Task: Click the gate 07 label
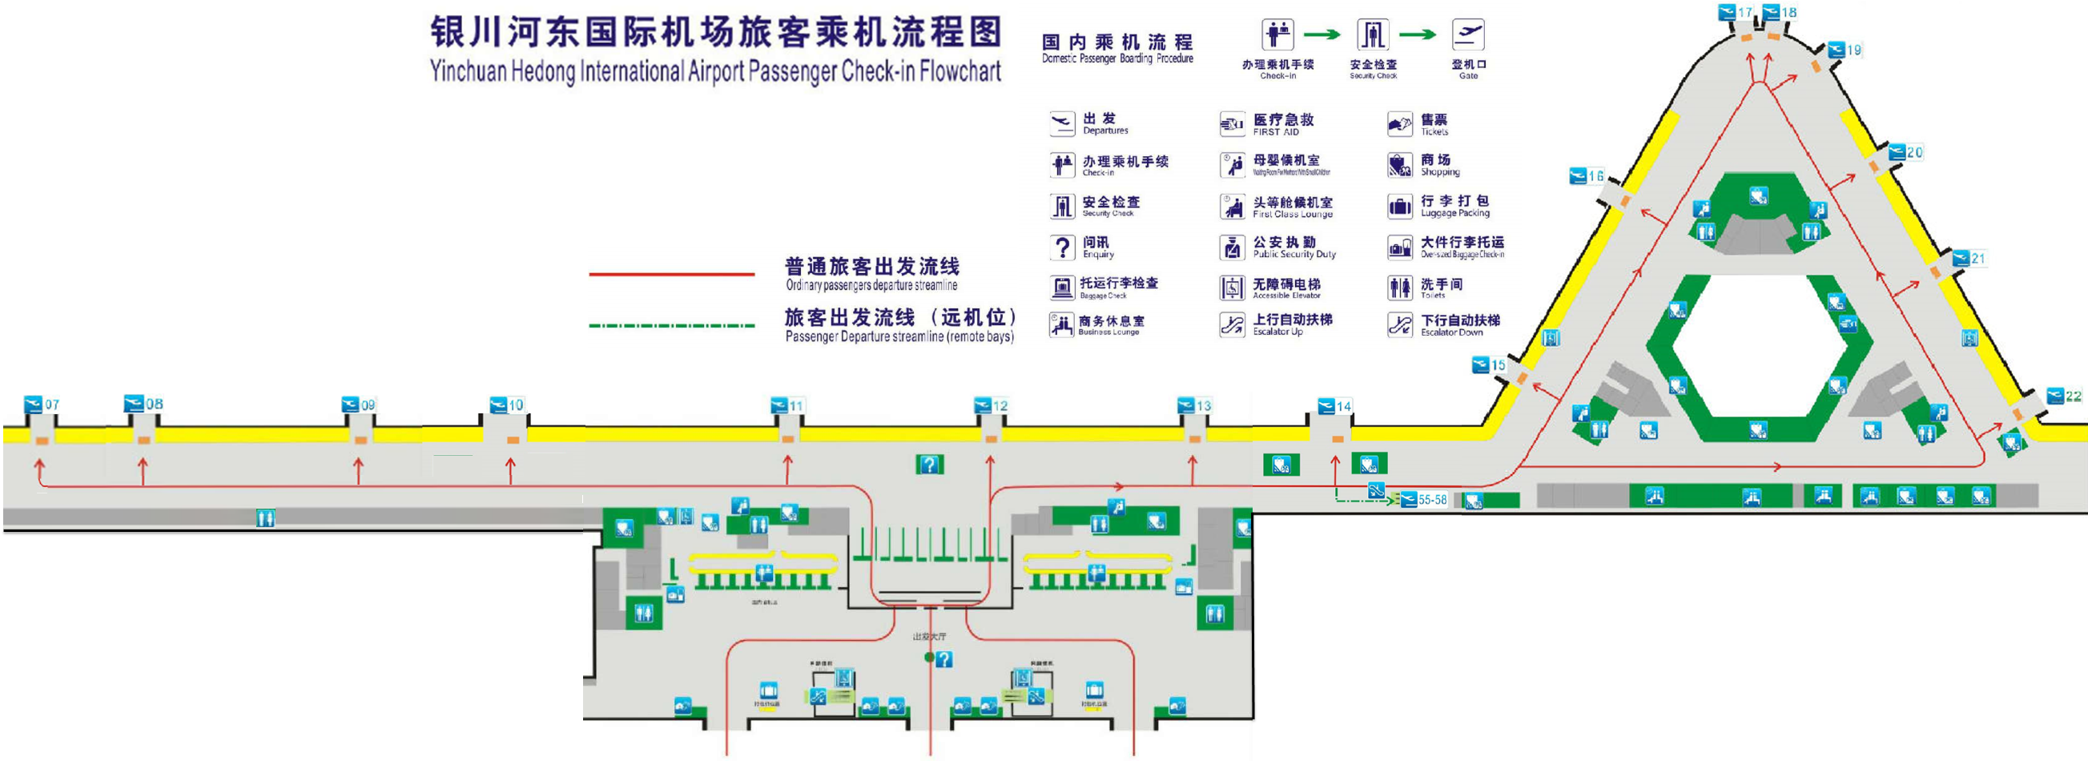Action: coord(42,404)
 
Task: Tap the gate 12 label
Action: coord(992,405)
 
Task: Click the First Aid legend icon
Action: coord(1232,124)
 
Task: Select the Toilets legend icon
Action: coord(1400,288)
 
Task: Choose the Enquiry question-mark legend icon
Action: coord(1062,248)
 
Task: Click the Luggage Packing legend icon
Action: coord(1400,206)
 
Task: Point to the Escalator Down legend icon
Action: coord(1400,325)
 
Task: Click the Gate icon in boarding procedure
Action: coord(1468,35)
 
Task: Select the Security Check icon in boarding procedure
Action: coord(1372,35)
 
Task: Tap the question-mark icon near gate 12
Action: coord(929,465)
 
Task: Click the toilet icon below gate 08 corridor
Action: coord(265,517)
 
